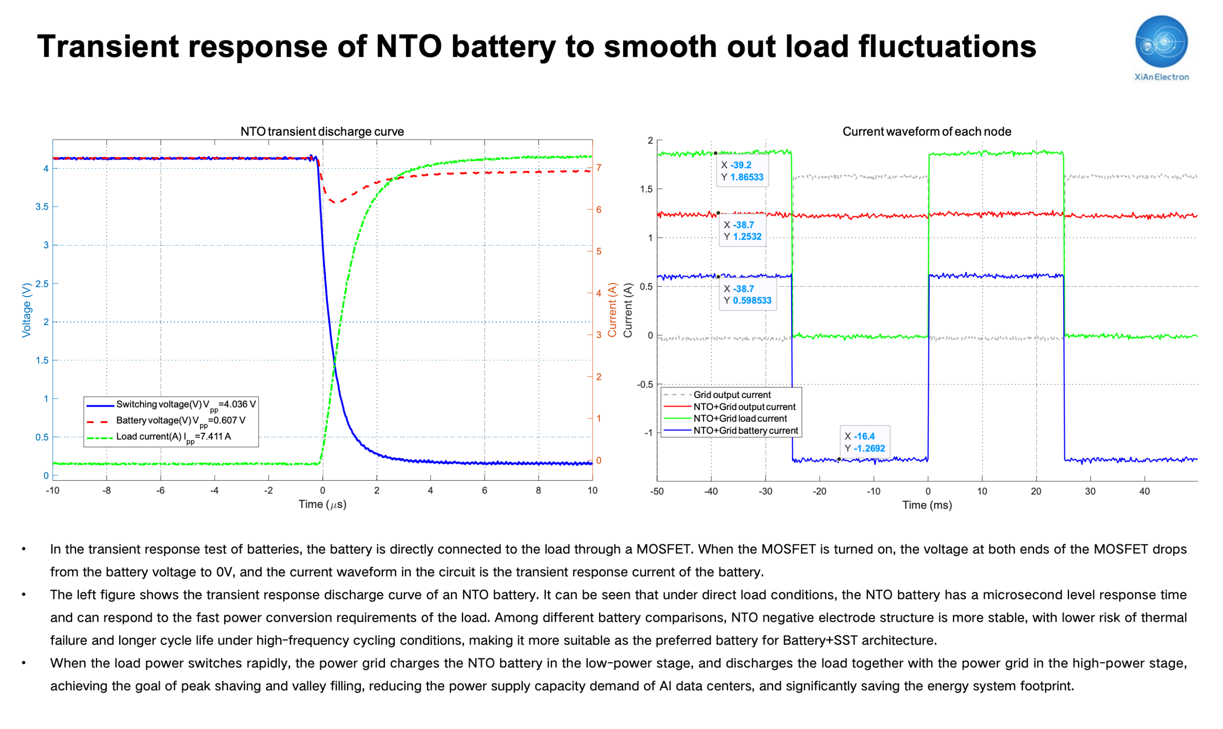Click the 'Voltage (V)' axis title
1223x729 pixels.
click(x=27, y=310)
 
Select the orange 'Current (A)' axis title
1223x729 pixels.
click(x=612, y=310)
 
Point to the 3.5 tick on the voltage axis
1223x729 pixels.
click(x=42, y=207)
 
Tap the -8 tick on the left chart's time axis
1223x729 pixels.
click(x=106, y=491)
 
